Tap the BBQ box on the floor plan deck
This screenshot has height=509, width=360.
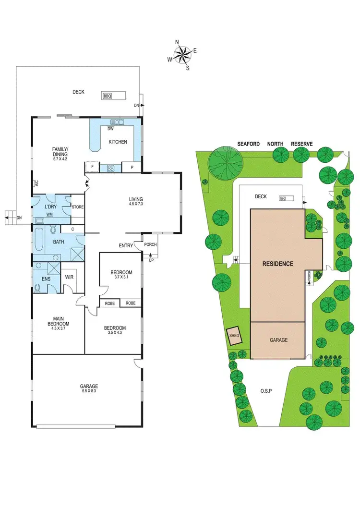pos(108,96)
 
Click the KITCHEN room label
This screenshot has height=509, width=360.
pos(118,142)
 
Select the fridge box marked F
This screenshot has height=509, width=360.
pos(92,167)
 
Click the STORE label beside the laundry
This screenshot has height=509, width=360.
pos(78,207)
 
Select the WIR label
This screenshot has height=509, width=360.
pos(69,277)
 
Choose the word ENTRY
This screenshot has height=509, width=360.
pos(126,246)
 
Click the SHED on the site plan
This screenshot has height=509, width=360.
pos(234,336)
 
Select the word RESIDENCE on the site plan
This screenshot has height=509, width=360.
pos(277,264)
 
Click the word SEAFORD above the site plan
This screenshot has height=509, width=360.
pos(248,144)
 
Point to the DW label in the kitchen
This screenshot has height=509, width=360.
pos(110,129)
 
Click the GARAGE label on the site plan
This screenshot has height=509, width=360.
pos(278,340)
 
